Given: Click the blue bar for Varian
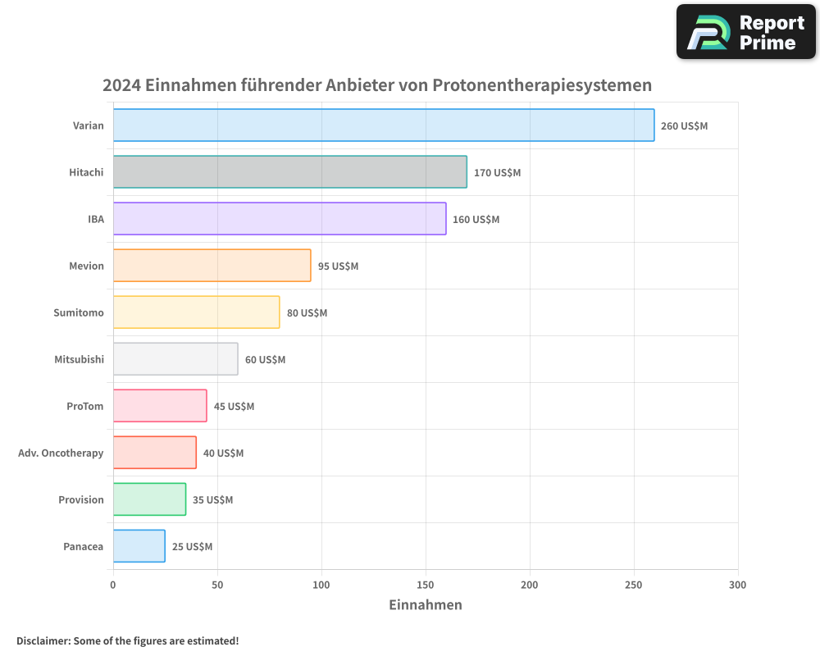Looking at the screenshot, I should (384, 125).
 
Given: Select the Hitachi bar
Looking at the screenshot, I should (289, 172).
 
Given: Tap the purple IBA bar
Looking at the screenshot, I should (280, 219).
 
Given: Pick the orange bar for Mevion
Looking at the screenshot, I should (212, 266).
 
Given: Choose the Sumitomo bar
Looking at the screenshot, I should (196, 312).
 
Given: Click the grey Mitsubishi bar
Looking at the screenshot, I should (175, 359).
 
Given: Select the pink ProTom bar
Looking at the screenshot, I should (160, 406).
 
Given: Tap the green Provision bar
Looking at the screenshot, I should (149, 499).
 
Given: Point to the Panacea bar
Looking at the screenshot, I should (139, 546).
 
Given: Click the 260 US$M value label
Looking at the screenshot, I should (684, 126).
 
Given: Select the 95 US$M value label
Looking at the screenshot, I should (338, 266).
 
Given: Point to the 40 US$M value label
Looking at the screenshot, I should (223, 453).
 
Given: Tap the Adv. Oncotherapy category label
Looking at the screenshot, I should (61, 453).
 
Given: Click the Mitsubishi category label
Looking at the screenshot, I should (79, 359).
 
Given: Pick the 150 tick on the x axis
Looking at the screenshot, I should (426, 585).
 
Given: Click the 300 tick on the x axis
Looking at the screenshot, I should (737, 585).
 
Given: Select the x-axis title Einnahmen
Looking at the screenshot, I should (425, 605).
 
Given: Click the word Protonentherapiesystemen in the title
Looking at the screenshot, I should (542, 85).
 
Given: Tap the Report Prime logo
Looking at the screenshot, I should (746, 32).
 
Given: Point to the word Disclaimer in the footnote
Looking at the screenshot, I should (43, 640).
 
